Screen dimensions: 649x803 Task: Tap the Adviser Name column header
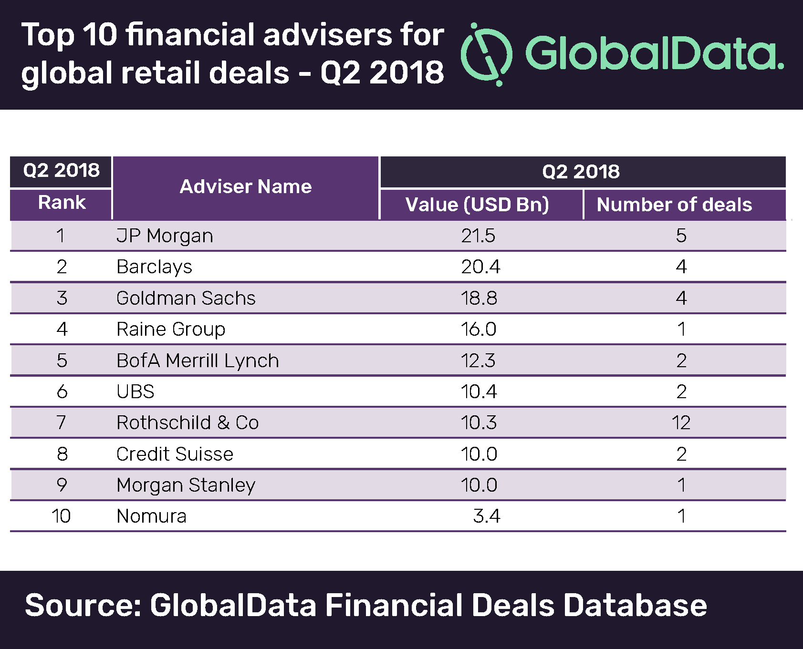[x=245, y=186]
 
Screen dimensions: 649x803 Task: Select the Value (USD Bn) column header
[x=477, y=205]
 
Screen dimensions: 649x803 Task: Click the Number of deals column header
[x=674, y=205]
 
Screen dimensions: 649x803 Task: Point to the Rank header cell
[x=62, y=203]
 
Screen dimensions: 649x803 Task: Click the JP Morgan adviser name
[x=165, y=236]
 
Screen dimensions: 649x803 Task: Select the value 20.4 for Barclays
[x=480, y=267]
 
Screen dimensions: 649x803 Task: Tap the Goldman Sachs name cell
[x=186, y=298]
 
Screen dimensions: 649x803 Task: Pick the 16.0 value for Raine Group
[x=478, y=329]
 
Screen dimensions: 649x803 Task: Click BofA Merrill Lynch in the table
[x=198, y=361]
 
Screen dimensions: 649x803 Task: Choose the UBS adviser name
[x=136, y=391]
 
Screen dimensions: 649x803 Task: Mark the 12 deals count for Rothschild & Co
[x=680, y=423]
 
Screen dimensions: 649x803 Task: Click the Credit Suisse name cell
[x=175, y=454]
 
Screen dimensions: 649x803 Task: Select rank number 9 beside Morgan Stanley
[x=62, y=485]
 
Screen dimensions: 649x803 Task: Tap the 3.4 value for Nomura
[x=486, y=516]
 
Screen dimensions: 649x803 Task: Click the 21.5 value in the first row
[x=478, y=236]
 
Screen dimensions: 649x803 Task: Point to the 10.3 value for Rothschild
[x=479, y=423]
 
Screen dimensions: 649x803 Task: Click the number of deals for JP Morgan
[x=681, y=236]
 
